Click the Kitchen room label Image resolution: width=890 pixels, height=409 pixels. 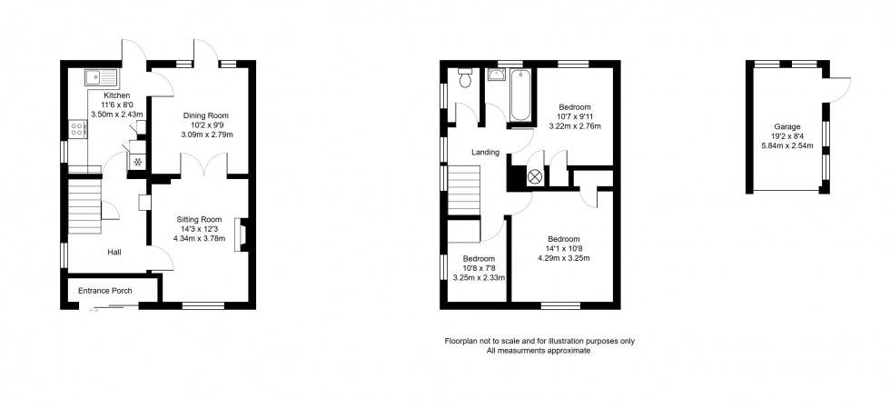(116, 95)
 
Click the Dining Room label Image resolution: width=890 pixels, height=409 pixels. (205, 115)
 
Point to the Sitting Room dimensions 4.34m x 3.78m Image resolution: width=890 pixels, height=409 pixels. (198, 239)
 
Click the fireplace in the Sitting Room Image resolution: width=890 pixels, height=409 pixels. (240, 234)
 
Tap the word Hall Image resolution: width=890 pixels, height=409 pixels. (114, 253)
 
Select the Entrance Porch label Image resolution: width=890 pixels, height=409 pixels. (105, 291)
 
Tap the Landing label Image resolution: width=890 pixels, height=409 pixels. (484, 152)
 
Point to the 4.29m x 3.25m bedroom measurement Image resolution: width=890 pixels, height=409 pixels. (565, 258)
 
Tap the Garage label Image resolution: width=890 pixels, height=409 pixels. (786, 128)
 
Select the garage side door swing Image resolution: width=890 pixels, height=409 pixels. (840, 88)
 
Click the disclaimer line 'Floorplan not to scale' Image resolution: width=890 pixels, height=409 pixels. (539, 341)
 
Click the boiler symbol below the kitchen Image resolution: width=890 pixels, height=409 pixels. (137, 162)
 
